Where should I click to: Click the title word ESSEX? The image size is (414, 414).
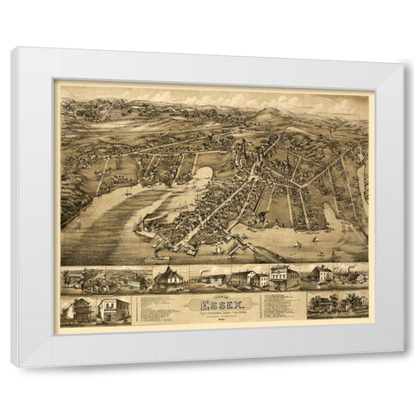click(x=217, y=304)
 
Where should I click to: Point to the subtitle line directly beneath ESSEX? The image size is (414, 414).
click(x=217, y=312)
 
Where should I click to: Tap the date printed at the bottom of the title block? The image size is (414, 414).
click(x=217, y=322)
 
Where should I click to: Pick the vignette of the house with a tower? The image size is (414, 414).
click(x=169, y=279)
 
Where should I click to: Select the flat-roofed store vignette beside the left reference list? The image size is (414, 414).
click(x=112, y=310)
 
